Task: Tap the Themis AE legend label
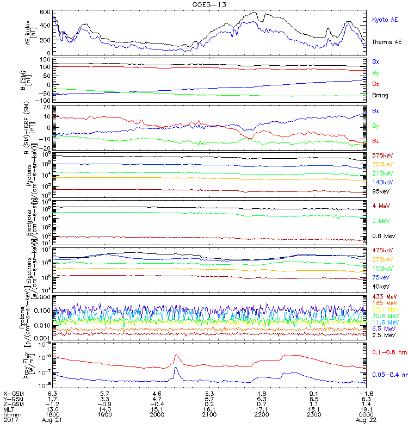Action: (x=387, y=42)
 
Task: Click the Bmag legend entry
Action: (x=380, y=95)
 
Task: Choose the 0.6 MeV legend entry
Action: (x=383, y=236)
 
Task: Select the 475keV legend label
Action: (x=382, y=250)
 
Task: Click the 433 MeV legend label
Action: (x=383, y=296)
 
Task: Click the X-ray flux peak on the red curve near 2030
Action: (x=176, y=356)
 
